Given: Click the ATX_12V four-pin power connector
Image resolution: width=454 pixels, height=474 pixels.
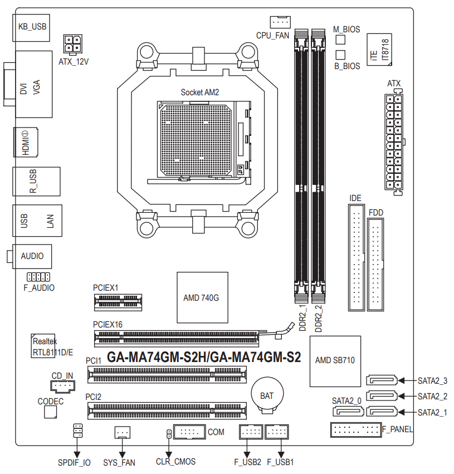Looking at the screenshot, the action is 72,43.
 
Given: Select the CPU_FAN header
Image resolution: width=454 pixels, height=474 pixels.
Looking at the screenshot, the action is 280,22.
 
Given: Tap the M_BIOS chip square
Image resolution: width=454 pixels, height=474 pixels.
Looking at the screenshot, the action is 340,40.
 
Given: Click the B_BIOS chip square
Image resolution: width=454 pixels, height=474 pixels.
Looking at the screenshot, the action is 340,55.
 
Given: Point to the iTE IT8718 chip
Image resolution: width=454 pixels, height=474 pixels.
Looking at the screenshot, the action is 379,50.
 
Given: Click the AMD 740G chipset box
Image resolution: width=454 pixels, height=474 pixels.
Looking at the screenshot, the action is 202,297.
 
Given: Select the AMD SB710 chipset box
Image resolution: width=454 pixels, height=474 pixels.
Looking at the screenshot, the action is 335,361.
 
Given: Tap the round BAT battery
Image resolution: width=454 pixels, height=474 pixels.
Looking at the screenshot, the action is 267,394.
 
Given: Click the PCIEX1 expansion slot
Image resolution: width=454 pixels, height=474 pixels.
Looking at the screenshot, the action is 118,302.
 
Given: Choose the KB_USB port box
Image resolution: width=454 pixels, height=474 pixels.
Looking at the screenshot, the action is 31,27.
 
